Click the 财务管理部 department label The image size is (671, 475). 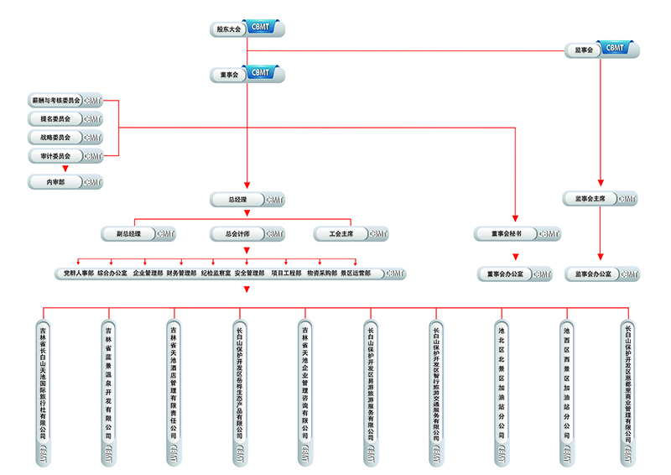click(181, 273)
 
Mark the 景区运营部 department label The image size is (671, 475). click(355, 273)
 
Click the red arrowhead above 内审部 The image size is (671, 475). click(65, 169)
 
